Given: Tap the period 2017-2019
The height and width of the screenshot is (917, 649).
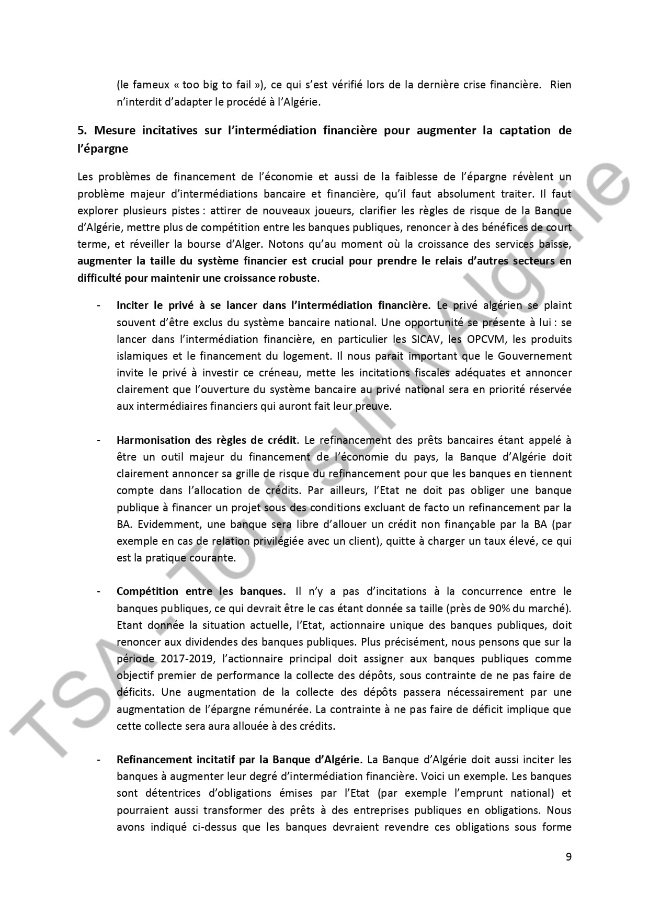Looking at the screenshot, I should pos(188,659).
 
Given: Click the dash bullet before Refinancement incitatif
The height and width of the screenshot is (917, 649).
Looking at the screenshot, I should pos(98,760).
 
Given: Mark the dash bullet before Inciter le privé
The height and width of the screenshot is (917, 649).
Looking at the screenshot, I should pos(98,306).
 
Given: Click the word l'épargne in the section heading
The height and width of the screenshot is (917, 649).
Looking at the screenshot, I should pos(103,149).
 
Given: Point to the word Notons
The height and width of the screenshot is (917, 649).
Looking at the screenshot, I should pos(287,244).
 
